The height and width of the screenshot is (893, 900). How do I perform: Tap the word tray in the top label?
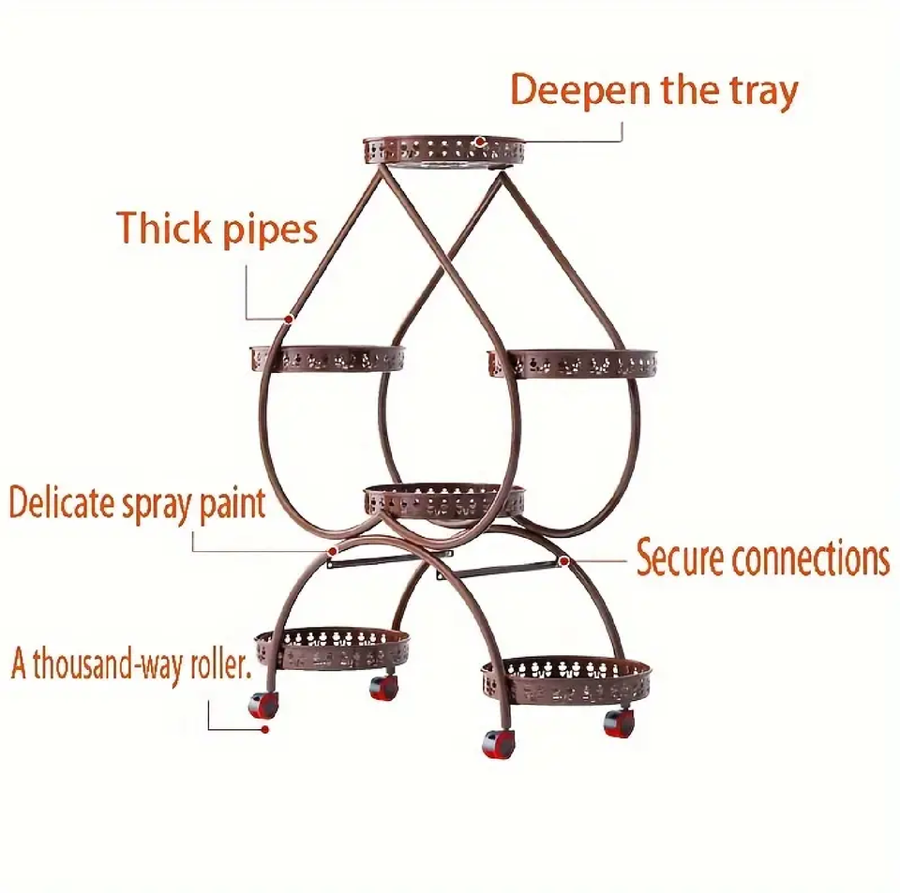tap(760, 92)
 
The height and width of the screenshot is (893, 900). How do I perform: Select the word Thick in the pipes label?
tap(161, 229)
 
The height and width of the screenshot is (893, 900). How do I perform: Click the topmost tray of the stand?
tap(443, 150)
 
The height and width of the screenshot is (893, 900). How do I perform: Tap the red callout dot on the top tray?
tap(479, 142)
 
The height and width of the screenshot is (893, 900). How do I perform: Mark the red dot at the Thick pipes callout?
tap(291, 319)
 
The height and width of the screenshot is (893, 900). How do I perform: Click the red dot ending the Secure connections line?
tap(564, 560)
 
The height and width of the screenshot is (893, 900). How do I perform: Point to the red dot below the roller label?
tap(266, 728)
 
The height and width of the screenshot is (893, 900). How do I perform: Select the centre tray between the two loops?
tap(443, 499)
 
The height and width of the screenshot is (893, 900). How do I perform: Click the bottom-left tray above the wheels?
tap(333, 647)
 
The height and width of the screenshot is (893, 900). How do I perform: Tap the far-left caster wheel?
tap(263, 705)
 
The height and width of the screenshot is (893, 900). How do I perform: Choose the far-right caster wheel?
tap(617, 722)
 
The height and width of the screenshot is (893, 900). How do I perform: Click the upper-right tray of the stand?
tap(572, 363)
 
